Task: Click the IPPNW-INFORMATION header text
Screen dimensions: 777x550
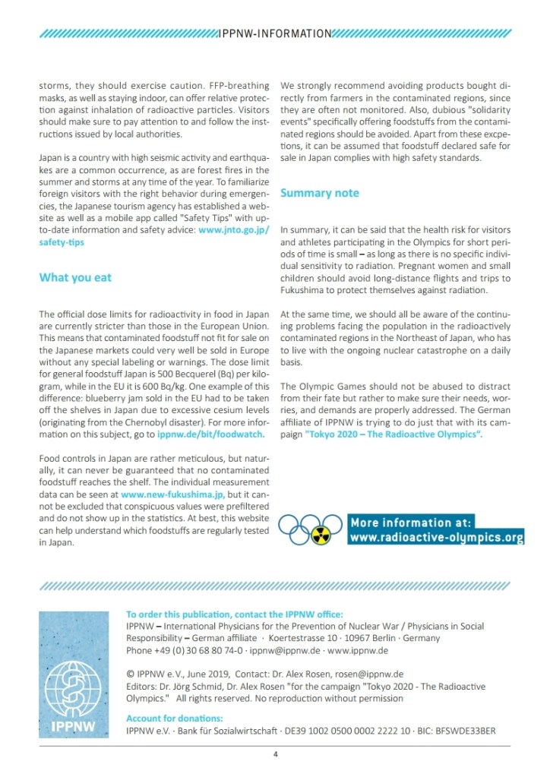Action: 274,33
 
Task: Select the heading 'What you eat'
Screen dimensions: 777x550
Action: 75,277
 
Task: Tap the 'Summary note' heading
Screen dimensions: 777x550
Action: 320,193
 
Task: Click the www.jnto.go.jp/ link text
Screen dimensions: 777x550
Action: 234,229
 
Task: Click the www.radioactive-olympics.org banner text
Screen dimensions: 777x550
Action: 436,538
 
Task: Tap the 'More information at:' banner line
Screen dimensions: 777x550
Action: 411,523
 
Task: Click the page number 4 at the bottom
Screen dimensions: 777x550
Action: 276,754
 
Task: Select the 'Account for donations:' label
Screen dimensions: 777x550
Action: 175,719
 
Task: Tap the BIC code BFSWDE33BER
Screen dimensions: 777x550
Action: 466,731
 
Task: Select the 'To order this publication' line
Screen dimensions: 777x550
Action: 235,614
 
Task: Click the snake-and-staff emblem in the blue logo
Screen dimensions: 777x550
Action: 73,679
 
